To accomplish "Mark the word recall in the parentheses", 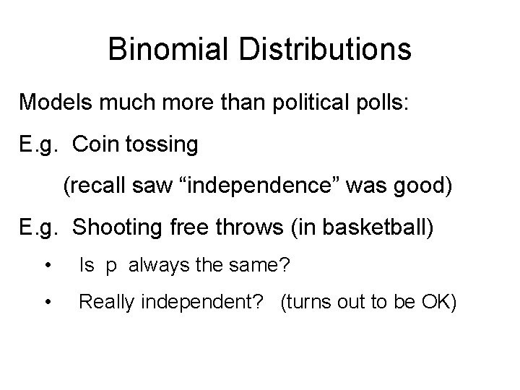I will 92,187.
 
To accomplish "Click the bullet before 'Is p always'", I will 47,266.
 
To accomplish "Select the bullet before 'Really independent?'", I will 47,301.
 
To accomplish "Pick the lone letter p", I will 111,267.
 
